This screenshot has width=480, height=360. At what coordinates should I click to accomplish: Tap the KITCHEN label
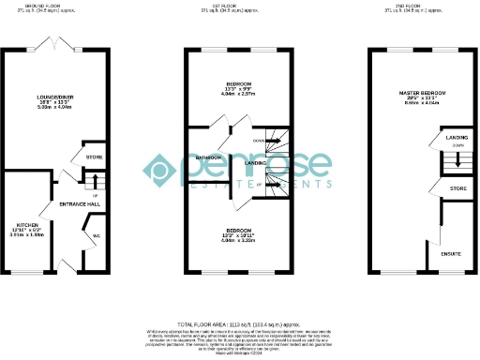tap(25, 225)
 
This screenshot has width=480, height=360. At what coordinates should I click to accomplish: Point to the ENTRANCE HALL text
tap(81, 204)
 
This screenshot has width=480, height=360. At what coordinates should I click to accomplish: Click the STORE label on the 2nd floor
tap(457, 189)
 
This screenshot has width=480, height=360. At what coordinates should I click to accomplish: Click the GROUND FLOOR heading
tap(50, 4)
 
